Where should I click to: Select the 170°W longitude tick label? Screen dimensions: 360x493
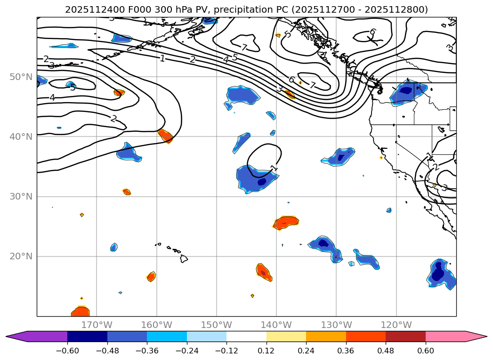click(97, 325)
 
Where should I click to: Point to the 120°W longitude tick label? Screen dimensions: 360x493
click(396, 325)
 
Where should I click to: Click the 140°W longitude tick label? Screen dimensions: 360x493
click(276, 325)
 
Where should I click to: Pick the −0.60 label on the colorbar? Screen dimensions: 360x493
click(67, 350)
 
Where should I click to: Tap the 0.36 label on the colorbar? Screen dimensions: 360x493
click(346, 350)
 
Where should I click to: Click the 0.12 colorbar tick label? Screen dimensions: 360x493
click(267, 350)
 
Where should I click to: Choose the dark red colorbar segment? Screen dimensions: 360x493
click(405, 336)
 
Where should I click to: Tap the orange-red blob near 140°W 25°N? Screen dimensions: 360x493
click(286, 222)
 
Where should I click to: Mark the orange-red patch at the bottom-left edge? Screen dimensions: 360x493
click(81, 312)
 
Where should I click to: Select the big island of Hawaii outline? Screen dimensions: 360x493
click(184, 258)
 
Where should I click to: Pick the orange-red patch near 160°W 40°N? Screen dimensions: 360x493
click(165, 136)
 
